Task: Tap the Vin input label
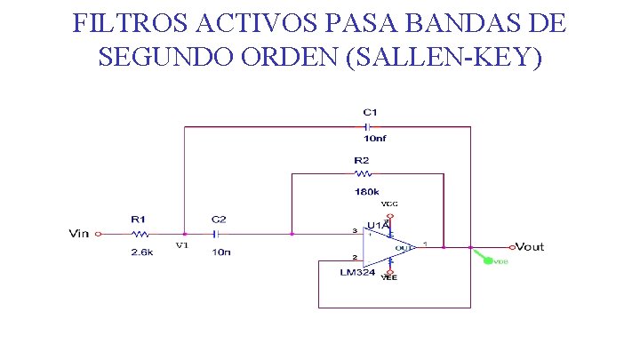[79, 234]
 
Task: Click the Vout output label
[530, 246]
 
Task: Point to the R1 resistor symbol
[140, 234]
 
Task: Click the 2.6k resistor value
[142, 252]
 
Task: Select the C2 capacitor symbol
[215, 234]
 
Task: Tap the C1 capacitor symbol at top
[366, 126]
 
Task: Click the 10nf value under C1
[374, 140]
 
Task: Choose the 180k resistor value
[366, 191]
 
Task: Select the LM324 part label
[357, 272]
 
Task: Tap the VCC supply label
[389, 204]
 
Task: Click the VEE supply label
[389, 278]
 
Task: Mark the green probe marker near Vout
[486, 260]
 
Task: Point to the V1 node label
[181, 245]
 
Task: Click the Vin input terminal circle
[99, 234]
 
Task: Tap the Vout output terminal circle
[511, 246]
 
